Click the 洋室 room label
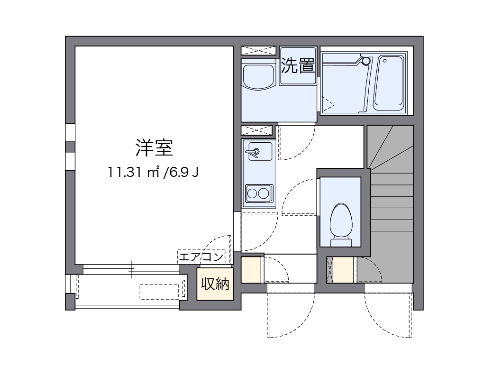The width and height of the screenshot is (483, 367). coord(154,148)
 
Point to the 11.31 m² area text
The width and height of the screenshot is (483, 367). coord(134,172)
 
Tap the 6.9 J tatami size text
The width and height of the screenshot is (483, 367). coord(182,172)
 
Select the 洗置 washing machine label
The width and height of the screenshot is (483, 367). coord(298,65)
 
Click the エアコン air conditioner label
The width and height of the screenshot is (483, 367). coord(200,257)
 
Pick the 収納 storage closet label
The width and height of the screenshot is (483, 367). coord(215,284)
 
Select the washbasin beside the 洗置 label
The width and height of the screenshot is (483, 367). coord(258,76)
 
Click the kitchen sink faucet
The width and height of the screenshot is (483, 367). coord(254,152)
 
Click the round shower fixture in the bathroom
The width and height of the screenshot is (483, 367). coord(365,61)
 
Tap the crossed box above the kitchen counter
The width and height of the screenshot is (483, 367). coord(258,130)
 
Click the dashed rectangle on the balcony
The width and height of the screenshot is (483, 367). coord(162,291)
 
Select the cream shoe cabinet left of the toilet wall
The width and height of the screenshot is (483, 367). coord(251,270)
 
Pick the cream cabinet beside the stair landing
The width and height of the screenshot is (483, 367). coord(344,270)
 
